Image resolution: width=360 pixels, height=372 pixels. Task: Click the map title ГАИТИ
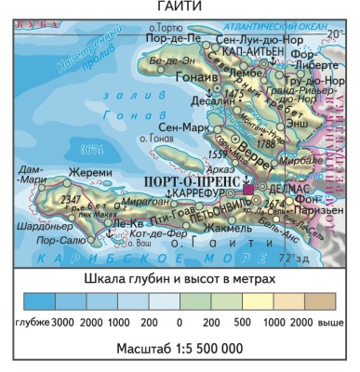pos(179,7)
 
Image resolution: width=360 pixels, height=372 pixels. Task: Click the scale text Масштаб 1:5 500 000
pos(180,347)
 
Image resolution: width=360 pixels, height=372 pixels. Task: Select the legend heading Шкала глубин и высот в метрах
pos(179,279)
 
